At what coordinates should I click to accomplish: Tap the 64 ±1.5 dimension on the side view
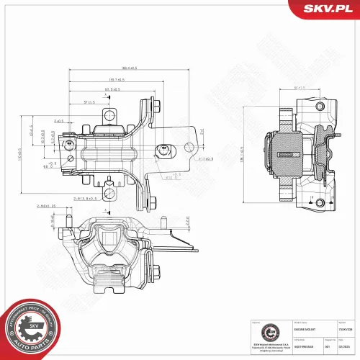(x=301, y=89)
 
